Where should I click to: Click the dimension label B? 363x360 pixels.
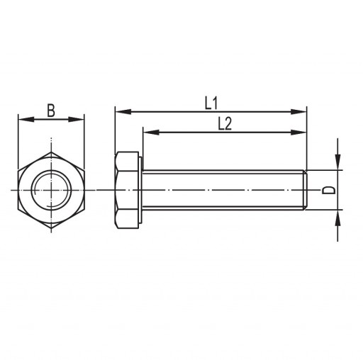(x=51, y=111)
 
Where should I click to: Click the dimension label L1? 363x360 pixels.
(x=211, y=103)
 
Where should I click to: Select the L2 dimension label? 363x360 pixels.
(x=225, y=124)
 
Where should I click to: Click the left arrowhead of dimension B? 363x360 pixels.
(x=26, y=119)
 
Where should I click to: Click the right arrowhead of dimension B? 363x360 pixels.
(x=76, y=119)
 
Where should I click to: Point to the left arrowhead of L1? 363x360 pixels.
(x=123, y=112)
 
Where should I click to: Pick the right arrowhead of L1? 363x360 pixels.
(x=298, y=112)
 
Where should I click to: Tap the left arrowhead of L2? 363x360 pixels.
(x=151, y=133)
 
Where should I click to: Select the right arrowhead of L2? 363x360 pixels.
(x=298, y=133)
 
